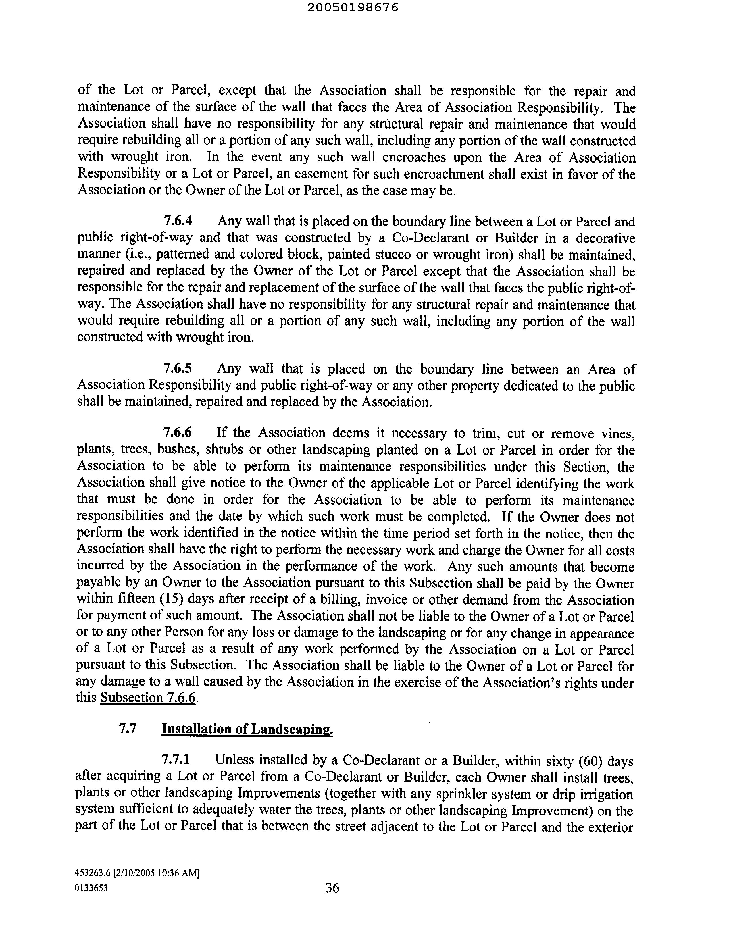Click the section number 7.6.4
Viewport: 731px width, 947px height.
coord(178,221)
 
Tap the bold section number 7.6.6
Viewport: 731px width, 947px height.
coord(177,432)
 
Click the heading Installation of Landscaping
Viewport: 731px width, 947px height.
coord(247,729)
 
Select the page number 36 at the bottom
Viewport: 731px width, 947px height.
coord(332,888)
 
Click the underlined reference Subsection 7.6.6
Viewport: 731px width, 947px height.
coord(148,698)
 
